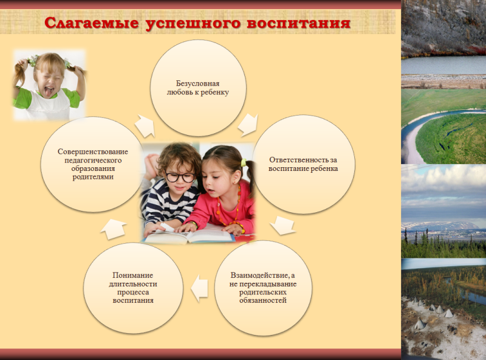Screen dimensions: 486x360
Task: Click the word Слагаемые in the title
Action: [x=92, y=23]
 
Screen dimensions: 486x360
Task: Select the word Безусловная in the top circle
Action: [x=198, y=83]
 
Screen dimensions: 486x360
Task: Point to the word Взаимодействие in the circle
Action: [x=260, y=275]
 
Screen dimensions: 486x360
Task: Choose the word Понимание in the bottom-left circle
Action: [x=132, y=275]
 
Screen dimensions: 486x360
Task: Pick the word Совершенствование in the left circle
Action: [x=93, y=152]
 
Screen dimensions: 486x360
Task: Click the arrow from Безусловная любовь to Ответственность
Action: [x=248, y=125]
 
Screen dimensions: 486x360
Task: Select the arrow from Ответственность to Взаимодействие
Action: [x=282, y=225]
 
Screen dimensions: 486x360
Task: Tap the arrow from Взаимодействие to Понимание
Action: [x=199, y=288]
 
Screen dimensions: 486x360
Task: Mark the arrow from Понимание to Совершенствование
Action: [x=113, y=229]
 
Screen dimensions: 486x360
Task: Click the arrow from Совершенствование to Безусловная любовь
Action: [x=145, y=126]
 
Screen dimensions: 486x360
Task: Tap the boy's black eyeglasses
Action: [x=180, y=177]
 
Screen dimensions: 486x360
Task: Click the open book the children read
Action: [x=189, y=236]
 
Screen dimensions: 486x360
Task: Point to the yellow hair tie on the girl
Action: [x=244, y=162]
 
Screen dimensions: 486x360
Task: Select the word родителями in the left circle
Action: [x=93, y=177]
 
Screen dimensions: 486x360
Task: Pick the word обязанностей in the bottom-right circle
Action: [x=263, y=301]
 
